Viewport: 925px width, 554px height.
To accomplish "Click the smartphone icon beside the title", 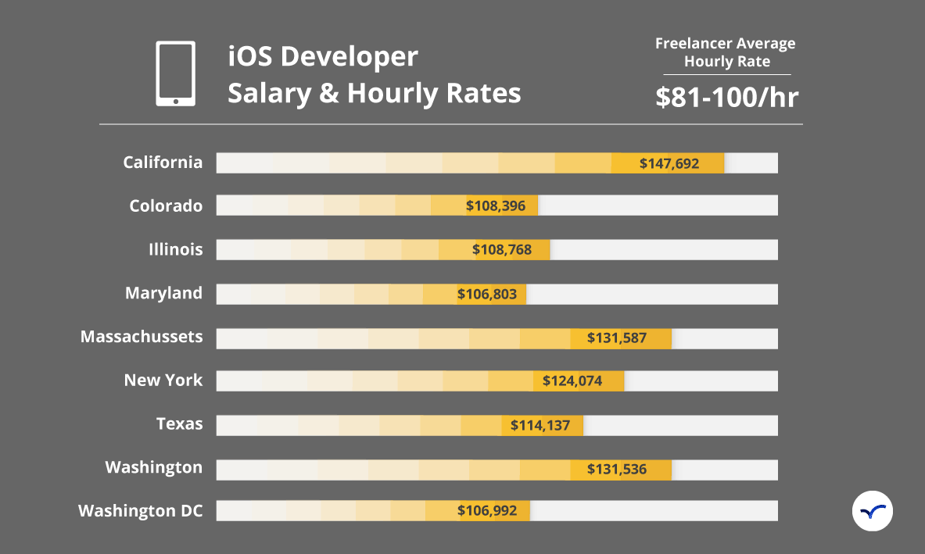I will click(175, 73).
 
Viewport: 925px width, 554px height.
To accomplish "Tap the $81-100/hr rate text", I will click(727, 97).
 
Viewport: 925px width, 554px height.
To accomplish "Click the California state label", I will click(163, 163).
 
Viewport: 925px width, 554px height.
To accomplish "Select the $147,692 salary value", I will click(669, 163).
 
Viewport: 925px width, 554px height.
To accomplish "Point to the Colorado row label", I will click(166, 206).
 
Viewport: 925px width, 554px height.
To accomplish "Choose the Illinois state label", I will click(176, 250).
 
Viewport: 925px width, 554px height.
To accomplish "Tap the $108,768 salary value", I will click(502, 250).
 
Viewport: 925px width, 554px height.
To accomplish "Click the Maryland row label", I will click(163, 294).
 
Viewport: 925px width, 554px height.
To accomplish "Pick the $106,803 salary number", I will click(487, 294).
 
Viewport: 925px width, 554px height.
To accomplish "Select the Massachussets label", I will click(142, 337).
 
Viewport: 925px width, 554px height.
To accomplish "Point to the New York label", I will click(163, 381).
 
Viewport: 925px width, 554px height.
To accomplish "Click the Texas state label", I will click(179, 424).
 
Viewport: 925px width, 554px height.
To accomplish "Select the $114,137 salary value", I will click(540, 426).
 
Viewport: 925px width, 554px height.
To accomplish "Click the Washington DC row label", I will click(141, 511).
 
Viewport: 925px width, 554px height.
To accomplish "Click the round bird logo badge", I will click(873, 511).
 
